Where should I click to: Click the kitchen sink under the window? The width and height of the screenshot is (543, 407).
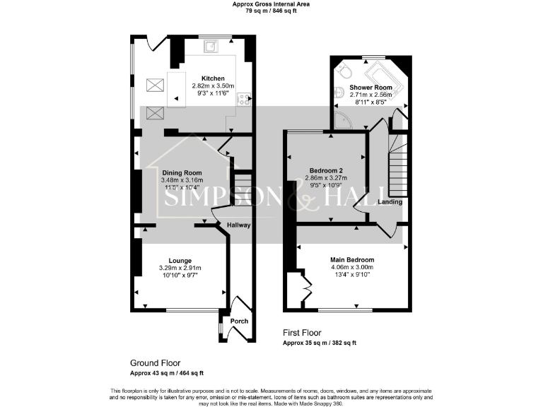(x=211, y=47)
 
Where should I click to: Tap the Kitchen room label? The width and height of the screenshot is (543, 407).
(x=213, y=78)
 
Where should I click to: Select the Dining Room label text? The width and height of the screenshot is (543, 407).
(x=182, y=172)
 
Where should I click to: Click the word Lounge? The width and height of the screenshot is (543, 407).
(x=180, y=261)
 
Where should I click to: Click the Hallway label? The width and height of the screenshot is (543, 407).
(x=238, y=225)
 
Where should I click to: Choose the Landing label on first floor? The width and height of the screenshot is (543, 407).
(x=390, y=202)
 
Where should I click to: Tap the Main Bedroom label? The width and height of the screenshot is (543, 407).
(x=351, y=260)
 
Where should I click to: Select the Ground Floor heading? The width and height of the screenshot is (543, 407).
(x=155, y=362)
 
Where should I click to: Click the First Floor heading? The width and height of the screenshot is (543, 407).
(x=302, y=333)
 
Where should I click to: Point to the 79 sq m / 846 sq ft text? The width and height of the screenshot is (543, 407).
(x=271, y=11)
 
